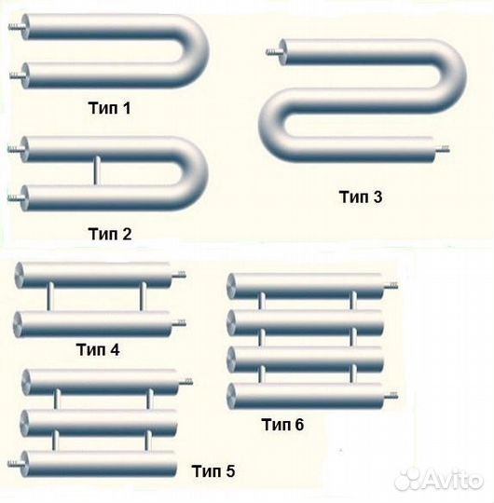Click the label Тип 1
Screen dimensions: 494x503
(109, 108)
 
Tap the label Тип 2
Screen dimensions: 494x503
(110, 234)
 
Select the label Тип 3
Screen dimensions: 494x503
(361, 197)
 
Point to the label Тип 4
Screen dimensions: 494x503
(98, 349)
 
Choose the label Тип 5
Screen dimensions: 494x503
(213, 471)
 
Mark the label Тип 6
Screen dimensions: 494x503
(282, 425)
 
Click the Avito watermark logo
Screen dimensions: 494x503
(438, 481)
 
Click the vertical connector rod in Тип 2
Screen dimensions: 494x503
(96, 170)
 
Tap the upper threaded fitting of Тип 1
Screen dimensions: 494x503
(16, 26)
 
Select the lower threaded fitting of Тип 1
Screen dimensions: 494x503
(17, 76)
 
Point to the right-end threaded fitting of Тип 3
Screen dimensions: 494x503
(442, 148)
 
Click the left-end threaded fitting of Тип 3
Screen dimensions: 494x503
(273, 51)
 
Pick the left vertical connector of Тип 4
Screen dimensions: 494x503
(49, 296)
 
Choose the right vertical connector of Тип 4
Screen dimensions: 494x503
(143, 296)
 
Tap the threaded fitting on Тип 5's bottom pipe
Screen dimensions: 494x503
(15, 463)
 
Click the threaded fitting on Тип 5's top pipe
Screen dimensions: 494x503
(185, 381)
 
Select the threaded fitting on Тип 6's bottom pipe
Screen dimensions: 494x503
(391, 396)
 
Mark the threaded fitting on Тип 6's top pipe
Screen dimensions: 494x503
(391, 285)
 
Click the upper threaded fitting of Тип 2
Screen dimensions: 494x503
(15, 149)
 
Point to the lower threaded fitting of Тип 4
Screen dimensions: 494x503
(179, 323)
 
